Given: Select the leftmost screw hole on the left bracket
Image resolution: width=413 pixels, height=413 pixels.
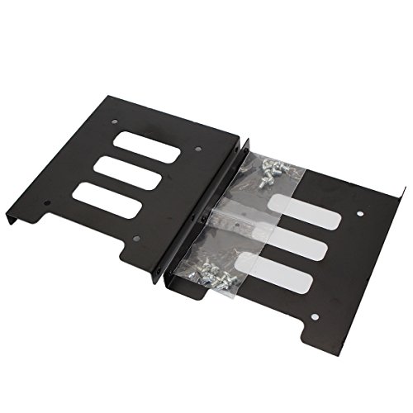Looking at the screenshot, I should [x=48, y=203].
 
